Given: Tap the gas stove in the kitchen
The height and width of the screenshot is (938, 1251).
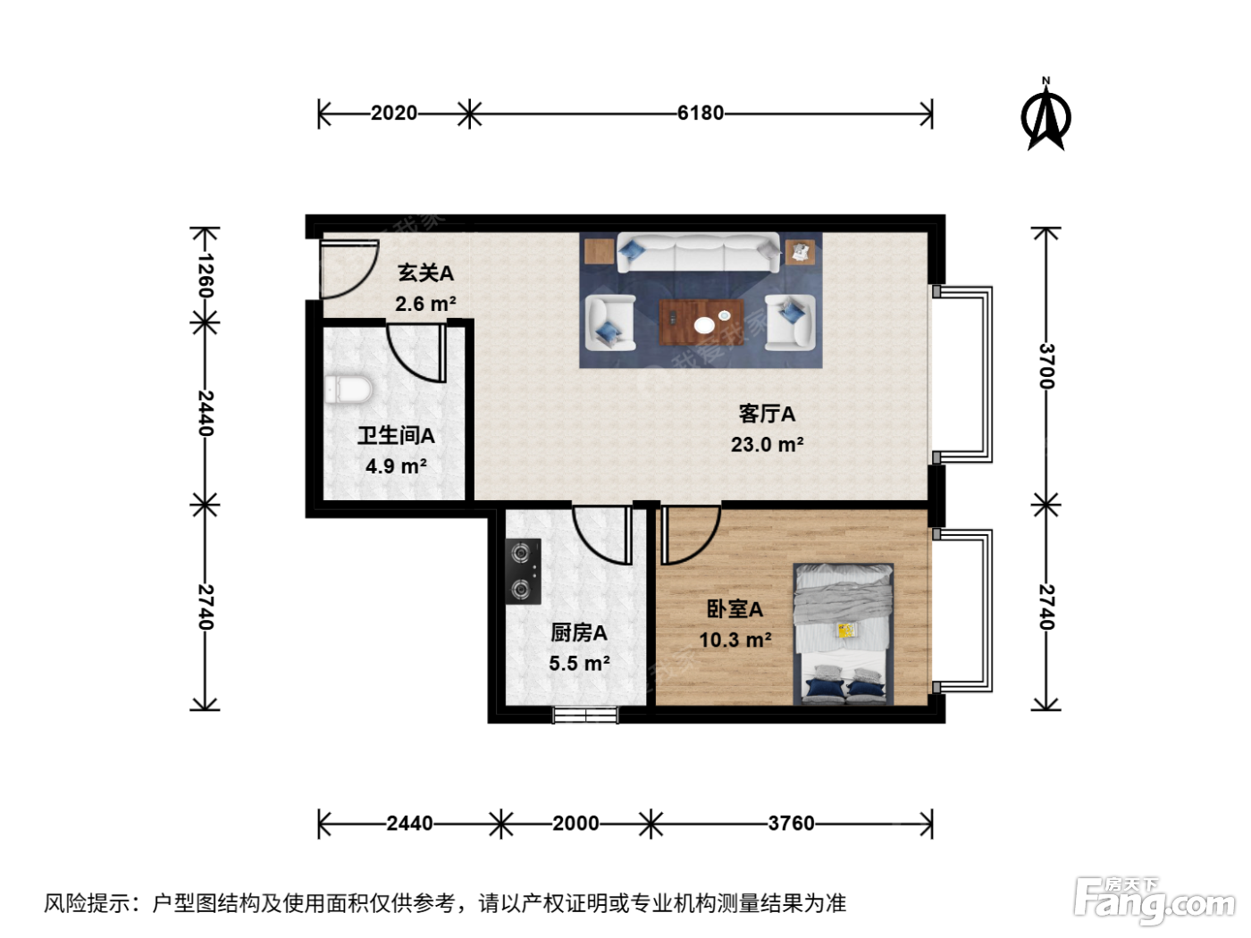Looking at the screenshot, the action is click(x=523, y=571).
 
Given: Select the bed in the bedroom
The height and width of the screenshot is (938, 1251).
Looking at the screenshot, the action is click(x=844, y=634).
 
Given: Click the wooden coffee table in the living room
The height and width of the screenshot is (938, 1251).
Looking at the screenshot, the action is click(x=701, y=322).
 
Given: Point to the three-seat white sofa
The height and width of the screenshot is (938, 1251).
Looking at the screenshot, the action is click(x=699, y=252).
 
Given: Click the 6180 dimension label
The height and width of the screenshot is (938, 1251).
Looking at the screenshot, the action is click(x=701, y=113).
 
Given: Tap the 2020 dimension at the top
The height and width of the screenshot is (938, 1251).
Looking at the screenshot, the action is click(x=394, y=113).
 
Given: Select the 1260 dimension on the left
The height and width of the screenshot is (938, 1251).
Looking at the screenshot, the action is click(x=206, y=276).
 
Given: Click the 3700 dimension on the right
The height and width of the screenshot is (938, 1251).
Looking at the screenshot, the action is click(x=1047, y=366).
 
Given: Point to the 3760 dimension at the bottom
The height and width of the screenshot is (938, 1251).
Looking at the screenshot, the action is click(x=791, y=823).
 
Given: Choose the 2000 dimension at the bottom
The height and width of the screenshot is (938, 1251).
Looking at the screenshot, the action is click(x=575, y=823).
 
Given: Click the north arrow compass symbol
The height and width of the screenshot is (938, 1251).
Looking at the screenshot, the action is click(x=1045, y=114).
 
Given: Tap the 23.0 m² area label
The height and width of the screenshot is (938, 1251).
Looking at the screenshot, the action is click(x=767, y=444).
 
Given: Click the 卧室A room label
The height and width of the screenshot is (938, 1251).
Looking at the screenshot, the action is click(x=735, y=609).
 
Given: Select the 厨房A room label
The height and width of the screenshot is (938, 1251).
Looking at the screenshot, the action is click(x=578, y=632).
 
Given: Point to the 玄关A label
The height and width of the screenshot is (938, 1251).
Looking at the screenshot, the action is click(x=425, y=273).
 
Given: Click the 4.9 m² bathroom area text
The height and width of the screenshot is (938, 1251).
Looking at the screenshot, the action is click(x=396, y=465).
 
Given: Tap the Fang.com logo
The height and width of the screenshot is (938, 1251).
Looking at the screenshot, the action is click(x=1154, y=901).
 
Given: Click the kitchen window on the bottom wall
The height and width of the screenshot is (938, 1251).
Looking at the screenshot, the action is click(x=585, y=715).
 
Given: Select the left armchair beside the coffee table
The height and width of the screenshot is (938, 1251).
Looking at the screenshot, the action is click(x=610, y=322).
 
